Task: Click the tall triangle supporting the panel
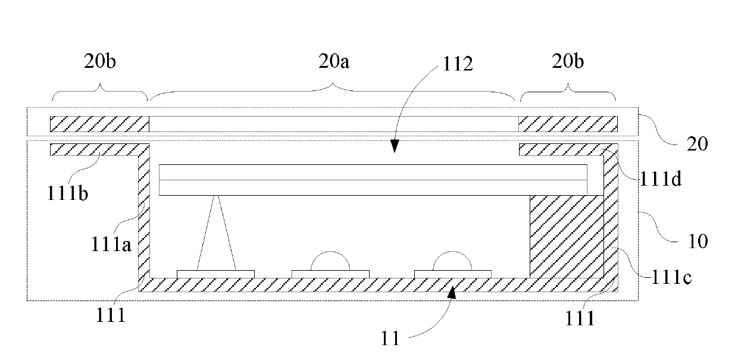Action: point(217,235)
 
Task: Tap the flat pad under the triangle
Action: point(215,274)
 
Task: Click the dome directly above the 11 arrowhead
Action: point(453,261)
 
